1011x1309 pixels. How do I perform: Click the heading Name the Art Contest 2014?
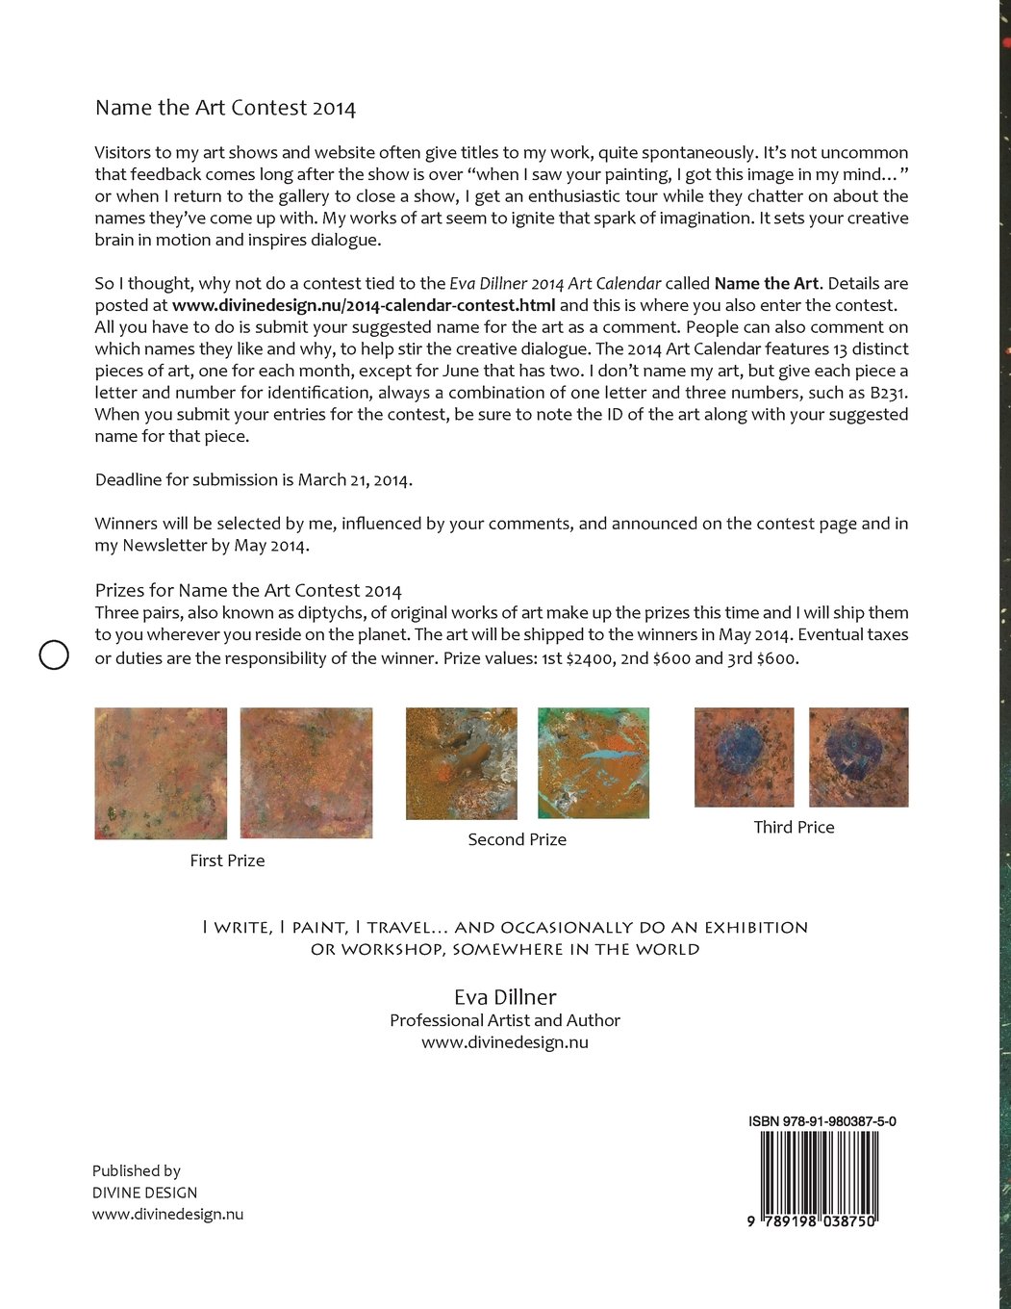[x=225, y=108]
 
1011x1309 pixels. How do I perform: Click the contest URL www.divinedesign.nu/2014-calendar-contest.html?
[x=364, y=305]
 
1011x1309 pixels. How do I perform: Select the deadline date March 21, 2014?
[x=354, y=479]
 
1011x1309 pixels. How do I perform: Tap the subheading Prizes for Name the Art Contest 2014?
[x=248, y=590]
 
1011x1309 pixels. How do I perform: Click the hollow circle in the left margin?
[x=54, y=654]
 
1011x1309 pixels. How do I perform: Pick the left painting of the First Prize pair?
[x=161, y=773]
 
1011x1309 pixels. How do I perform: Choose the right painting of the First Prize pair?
[x=306, y=773]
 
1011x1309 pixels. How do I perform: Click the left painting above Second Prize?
[x=462, y=763]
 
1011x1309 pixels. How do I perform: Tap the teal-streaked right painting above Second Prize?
[x=594, y=763]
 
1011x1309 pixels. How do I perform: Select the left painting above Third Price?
[x=745, y=757]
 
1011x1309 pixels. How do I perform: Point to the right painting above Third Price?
[x=858, y=757]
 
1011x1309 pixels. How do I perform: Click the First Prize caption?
[x=227, y=860]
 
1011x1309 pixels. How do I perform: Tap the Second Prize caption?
[x=517, y=839]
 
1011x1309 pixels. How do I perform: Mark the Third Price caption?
[x=794, y=827]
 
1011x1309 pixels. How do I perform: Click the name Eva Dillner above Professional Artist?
[x=505, y=997]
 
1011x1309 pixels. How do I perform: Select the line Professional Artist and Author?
[x=505, y=1020]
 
